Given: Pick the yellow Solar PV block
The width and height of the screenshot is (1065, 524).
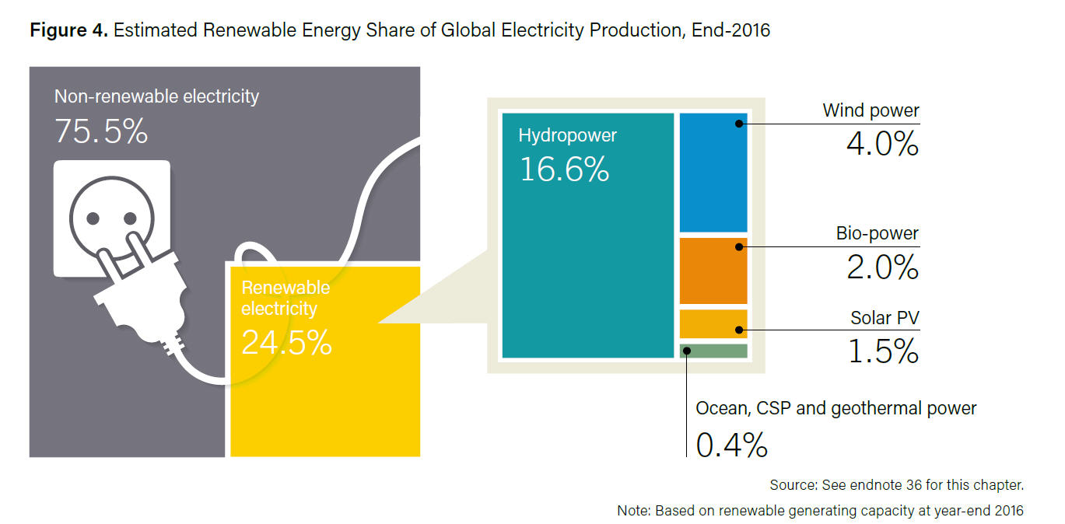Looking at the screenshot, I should (x=713, y=323).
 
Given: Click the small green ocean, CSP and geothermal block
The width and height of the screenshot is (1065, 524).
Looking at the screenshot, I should (x=713, y=351).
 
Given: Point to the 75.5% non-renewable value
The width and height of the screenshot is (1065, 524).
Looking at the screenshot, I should (x=101, y=132).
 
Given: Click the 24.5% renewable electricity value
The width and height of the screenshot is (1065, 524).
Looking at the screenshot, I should (x=286, y=342).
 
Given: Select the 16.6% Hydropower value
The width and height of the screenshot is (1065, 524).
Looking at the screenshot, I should (x=564, y=169).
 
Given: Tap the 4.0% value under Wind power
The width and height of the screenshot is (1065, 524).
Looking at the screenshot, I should (x=882, y=144).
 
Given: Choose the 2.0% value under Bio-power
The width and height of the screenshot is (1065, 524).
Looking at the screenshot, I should (x=882, y=267).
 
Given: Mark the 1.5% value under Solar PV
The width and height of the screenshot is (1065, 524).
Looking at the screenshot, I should (x=882, y=351).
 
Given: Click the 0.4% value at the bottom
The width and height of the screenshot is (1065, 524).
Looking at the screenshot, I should (x=731, y=445).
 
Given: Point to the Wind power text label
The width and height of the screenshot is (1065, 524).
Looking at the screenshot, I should (x=871, y=110).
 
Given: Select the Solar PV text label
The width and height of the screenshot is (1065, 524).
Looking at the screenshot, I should (x=885, y=317).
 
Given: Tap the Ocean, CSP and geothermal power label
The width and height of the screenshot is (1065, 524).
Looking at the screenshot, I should (x=836, y=408).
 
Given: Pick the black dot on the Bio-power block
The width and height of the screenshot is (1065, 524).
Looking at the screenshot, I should (x=737, y=247).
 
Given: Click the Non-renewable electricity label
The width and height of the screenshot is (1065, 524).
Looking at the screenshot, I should (x=156, y=96).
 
